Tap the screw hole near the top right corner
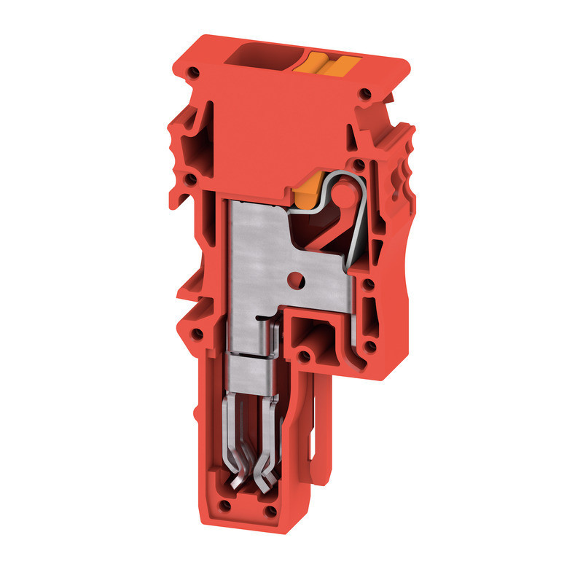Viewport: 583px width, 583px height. coord(366,95)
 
